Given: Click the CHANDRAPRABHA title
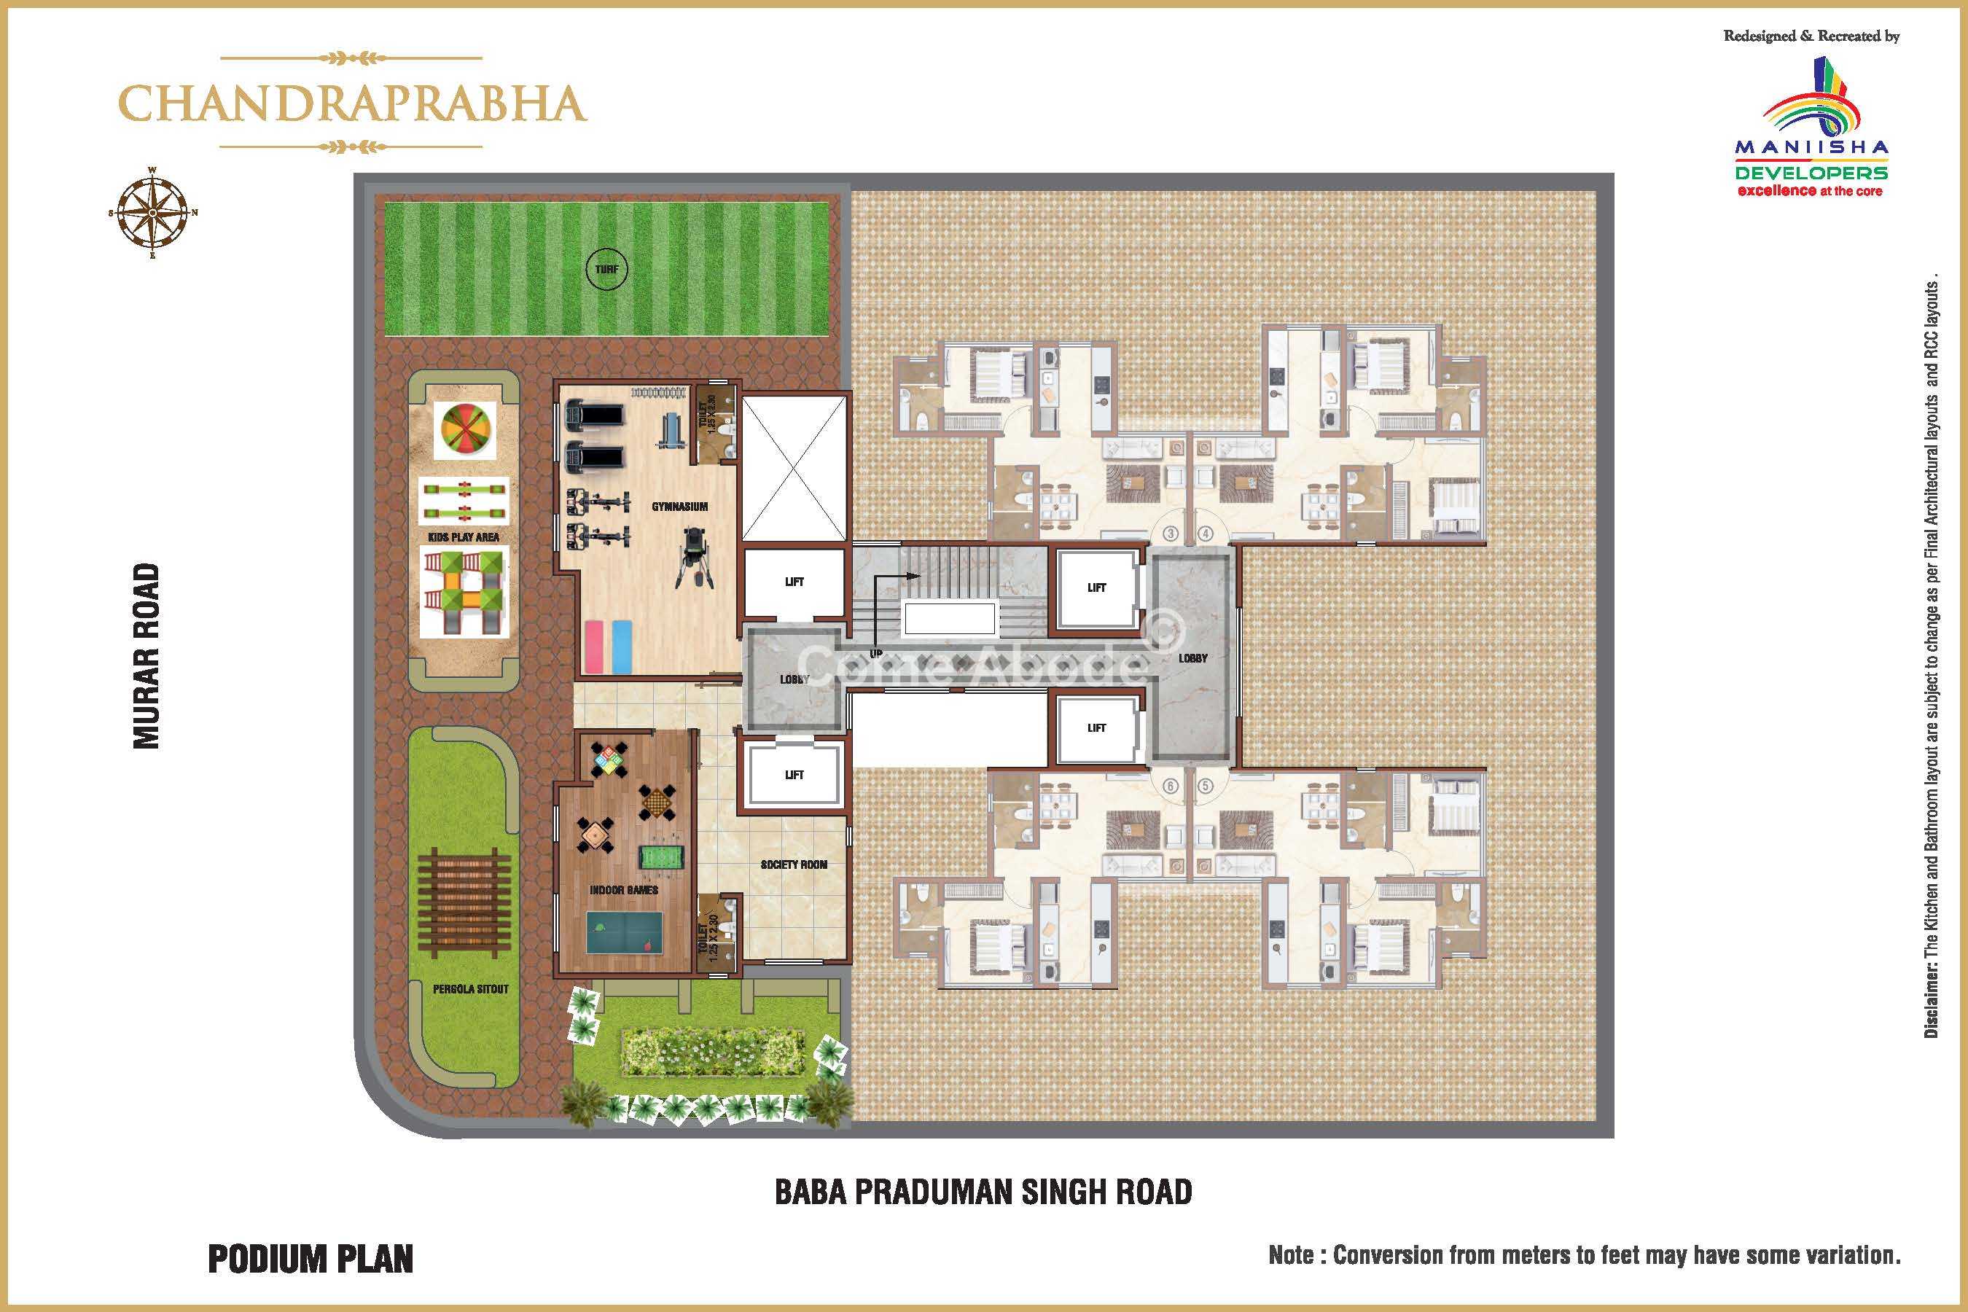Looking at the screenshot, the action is [352, 103].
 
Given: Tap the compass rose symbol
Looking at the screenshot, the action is [152, 213].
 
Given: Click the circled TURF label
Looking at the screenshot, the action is [606, 270].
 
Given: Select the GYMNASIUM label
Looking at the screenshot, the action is [679, 507].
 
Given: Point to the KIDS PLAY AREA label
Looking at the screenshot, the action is [464, 537].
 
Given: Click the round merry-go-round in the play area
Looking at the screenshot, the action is [464, 430].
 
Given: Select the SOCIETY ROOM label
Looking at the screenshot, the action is [793, 864].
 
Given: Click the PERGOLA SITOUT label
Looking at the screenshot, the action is [470, 989].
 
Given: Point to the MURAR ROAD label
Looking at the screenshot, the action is [147, 656].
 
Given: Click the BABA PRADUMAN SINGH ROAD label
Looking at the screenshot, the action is [983, 1192].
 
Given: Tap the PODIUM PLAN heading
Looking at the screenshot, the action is [311, 1260].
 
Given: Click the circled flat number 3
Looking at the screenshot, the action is [1171, 533].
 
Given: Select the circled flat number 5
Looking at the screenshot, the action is [1206, 786].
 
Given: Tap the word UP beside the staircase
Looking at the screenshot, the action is [876, 654].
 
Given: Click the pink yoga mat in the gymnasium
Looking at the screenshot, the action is [594, 646].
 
